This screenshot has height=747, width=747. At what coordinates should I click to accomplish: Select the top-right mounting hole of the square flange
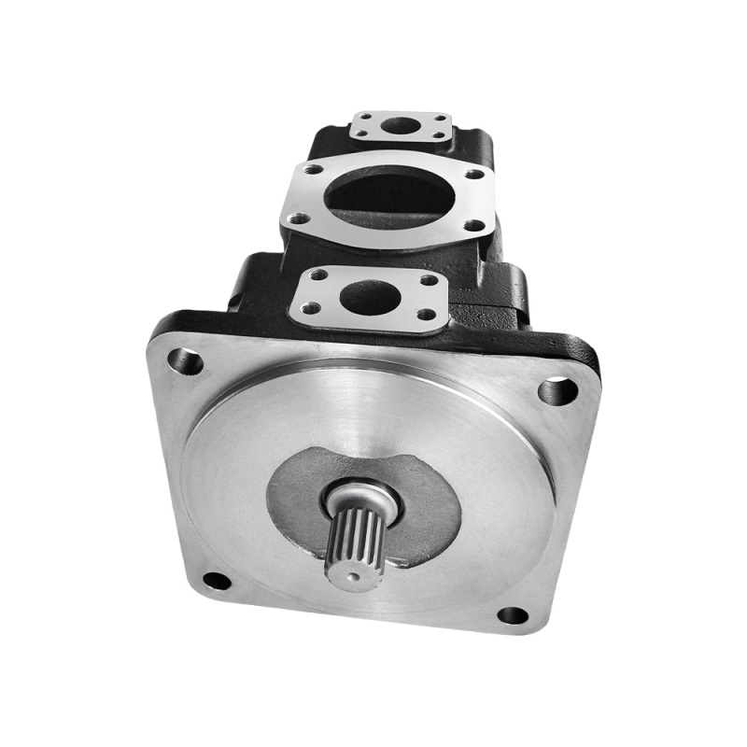point(557,388)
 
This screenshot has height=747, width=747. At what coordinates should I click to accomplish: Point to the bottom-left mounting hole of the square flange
point(217,581)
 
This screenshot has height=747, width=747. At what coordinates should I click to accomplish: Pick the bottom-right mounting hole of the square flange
point(513,615)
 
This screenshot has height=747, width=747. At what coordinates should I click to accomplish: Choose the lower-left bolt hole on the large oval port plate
point(299,218)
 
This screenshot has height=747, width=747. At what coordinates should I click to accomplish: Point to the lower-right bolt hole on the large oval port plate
point(475,225)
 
